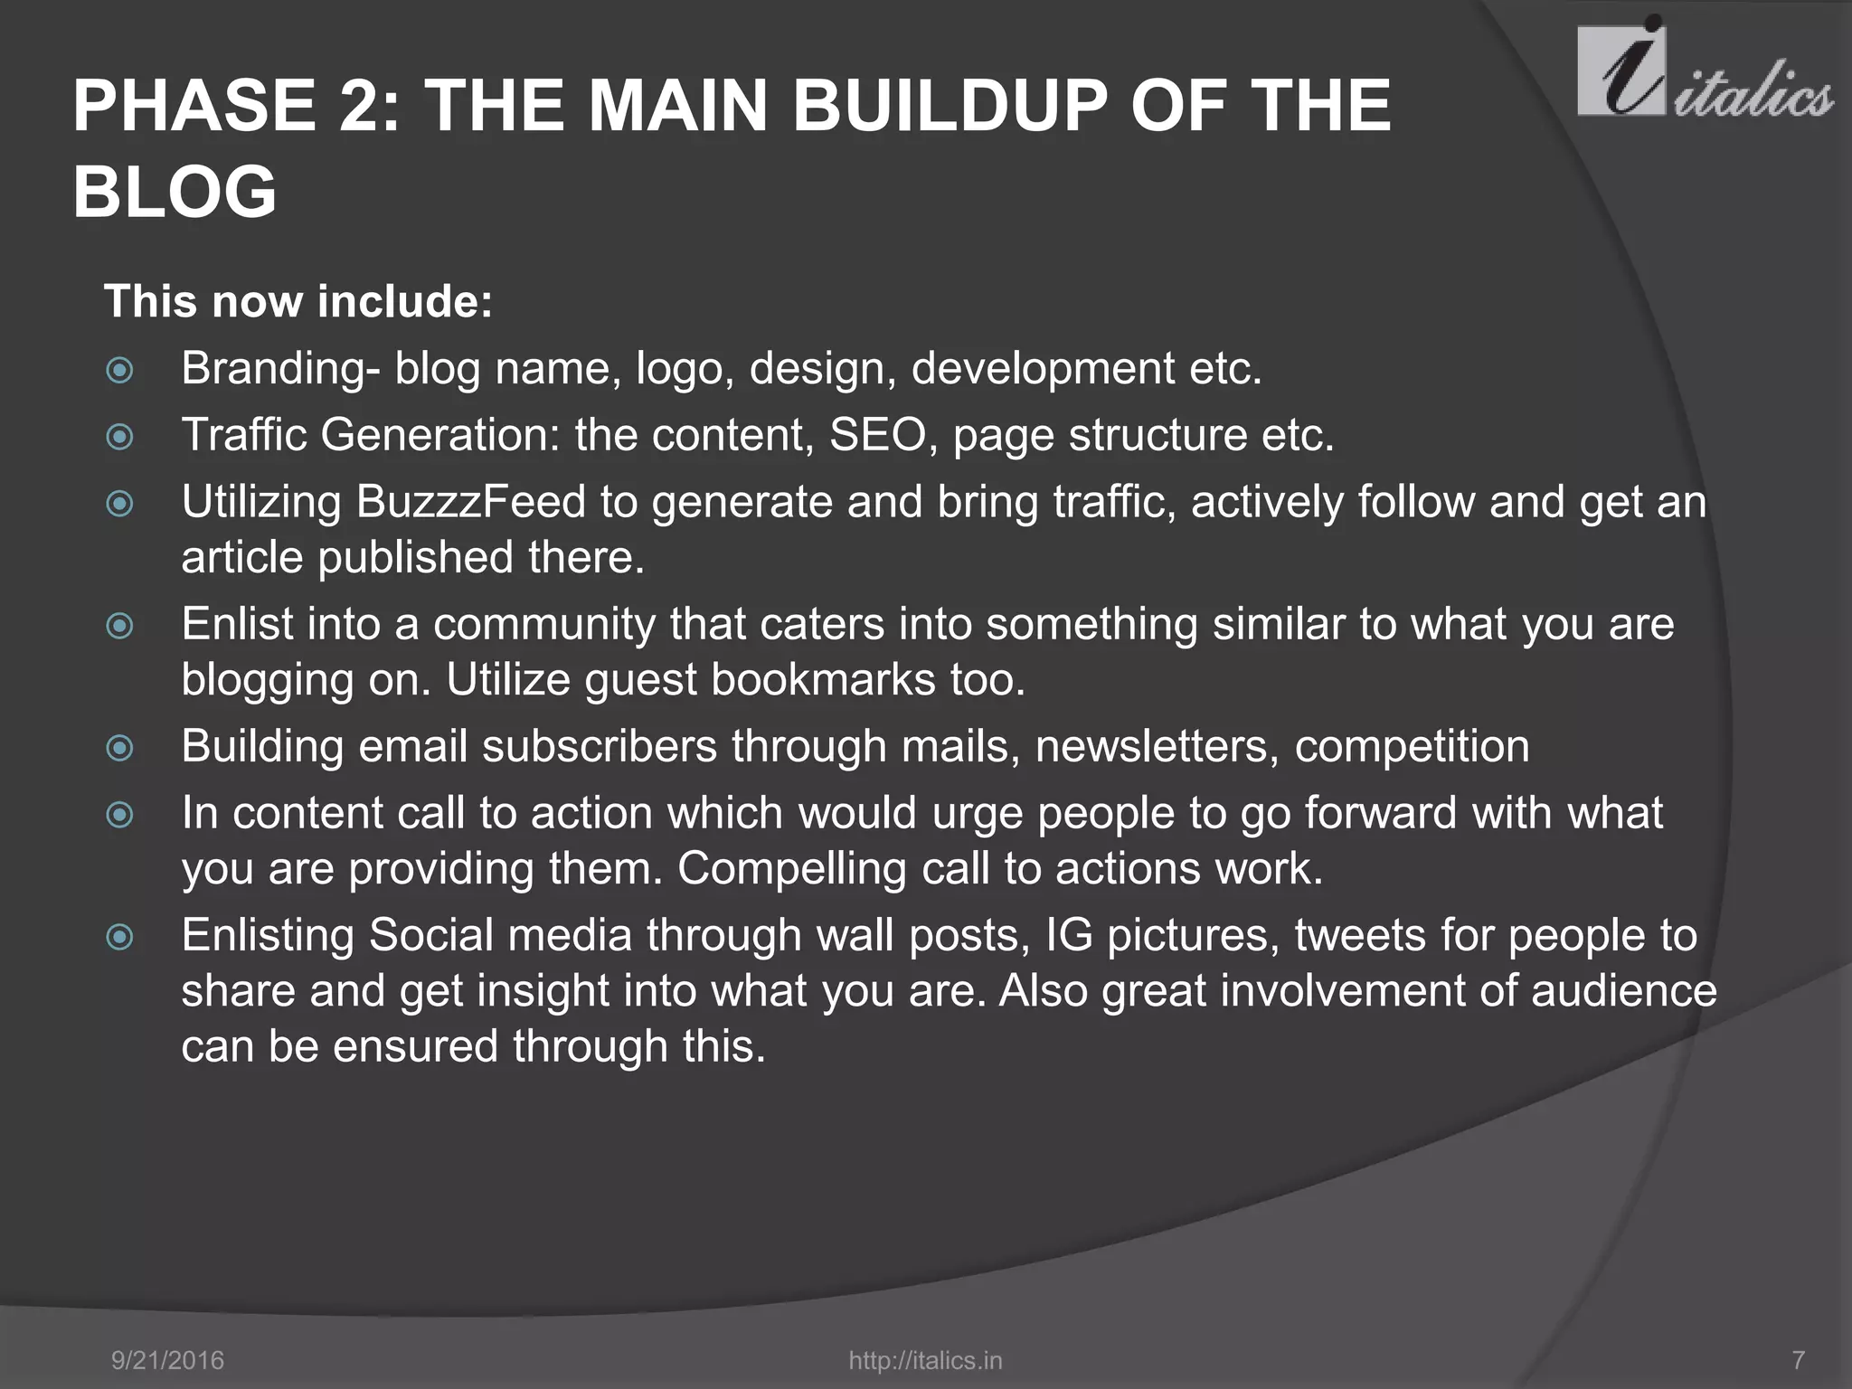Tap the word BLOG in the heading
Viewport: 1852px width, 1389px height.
point(175,192)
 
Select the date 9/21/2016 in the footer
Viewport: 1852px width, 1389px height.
point(167,1360)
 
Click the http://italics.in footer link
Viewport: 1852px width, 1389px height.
point(925,1360)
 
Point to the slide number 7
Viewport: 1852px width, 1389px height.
point(1798,1360)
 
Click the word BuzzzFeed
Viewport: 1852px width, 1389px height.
point(470,502)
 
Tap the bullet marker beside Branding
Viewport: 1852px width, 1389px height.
point(119,370)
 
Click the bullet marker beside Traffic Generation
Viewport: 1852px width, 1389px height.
point(119,437)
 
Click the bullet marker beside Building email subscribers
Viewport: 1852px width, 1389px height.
point(119,748)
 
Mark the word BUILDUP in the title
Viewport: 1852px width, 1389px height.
point(950,106)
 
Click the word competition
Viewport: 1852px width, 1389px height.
point(1412,747)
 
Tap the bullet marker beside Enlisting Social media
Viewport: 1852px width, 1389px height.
point(119,937)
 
